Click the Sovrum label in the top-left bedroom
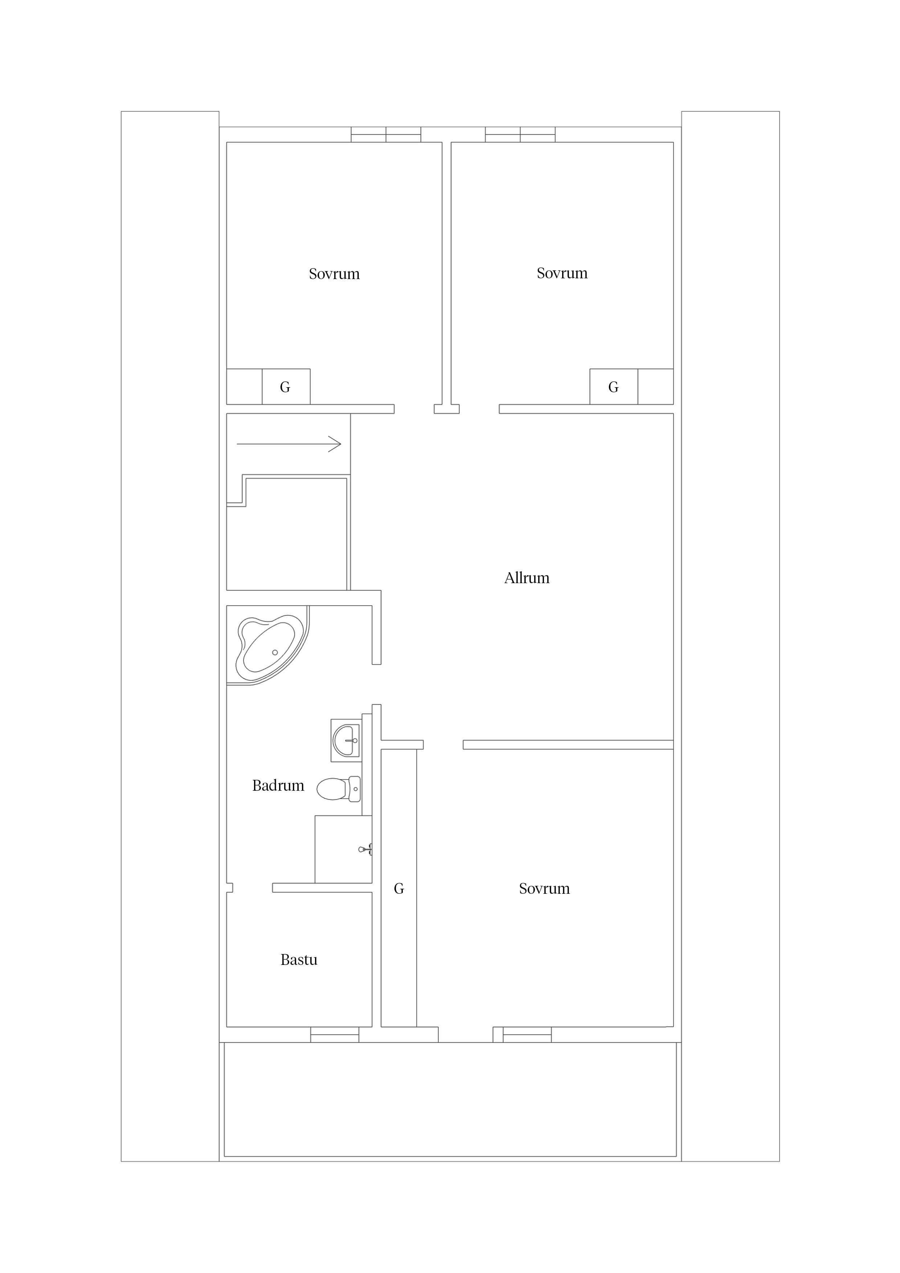[334, 274]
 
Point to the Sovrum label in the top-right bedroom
[562, 273]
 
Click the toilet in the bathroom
[338, 789]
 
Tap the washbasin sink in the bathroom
[346, 740]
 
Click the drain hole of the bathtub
[275, 652]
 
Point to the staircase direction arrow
[289, 443]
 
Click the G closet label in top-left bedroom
[285, 387]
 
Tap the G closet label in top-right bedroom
[613, 387]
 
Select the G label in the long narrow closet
[399, 889]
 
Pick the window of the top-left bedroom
[386, 135]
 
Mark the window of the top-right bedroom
[520, 135]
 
